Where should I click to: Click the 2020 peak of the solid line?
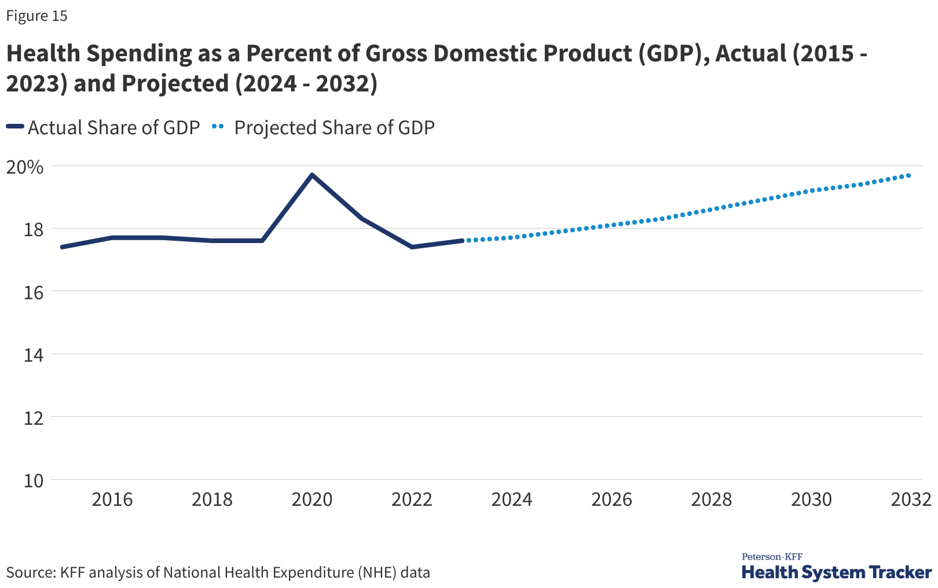coord(312,175)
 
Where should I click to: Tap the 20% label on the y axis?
coord(25,167)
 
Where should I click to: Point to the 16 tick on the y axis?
coord(34,292)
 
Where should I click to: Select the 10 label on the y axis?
coord(34,480)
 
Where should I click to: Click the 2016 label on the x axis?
coord(112,499)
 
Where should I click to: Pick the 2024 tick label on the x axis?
coord(512,499)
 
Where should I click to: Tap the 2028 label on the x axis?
coord(712,499)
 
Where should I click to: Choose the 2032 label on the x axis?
coord(911,499)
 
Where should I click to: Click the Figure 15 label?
coord(37,16)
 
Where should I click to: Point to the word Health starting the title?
coord(43,53)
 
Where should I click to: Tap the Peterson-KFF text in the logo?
coord(772,557)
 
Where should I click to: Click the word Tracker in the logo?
coord(901,573)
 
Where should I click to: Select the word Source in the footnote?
coord(31,573)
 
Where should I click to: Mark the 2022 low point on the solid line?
coord(412,247)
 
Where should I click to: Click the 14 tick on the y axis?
coord(34,355)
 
